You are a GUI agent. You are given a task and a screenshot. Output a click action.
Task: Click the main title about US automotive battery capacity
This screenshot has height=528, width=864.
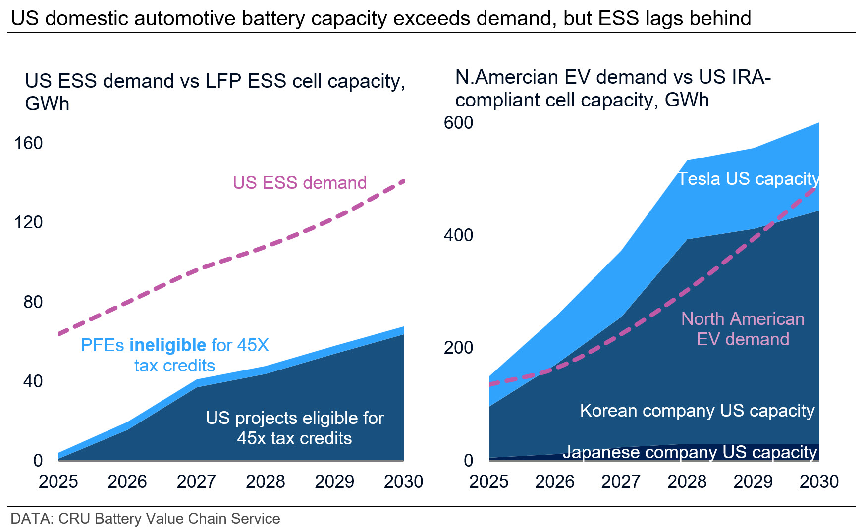click(x=381, y=18)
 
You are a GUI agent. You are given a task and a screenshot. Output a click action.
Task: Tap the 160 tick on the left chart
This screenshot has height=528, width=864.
click(x=28, y=143)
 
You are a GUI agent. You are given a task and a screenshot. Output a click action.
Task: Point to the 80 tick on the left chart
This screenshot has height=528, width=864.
click(x=33, y=302)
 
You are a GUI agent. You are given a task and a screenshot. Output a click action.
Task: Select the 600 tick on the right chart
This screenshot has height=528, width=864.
click(x=458, y=123)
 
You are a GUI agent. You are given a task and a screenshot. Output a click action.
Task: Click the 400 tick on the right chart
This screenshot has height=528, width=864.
click(x=458, y=235)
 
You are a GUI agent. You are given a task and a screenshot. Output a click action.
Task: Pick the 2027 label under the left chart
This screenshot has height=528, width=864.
click(x=196, y=481)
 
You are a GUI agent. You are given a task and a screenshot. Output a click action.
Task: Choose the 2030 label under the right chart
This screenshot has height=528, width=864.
click(x=819, y=481)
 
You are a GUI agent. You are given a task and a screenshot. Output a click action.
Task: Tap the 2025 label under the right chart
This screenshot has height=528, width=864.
click(x=488, y=481)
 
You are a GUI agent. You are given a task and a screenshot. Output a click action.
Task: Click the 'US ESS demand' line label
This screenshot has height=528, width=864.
click(x=300, y=183)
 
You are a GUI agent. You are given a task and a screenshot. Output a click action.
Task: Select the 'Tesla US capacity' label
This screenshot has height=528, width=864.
click(x=749, y=179)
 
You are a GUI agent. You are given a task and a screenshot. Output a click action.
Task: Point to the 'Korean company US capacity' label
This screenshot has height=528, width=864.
click(x=697, y=411)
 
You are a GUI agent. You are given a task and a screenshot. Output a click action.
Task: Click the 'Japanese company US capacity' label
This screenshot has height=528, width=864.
click(x=690, y=452)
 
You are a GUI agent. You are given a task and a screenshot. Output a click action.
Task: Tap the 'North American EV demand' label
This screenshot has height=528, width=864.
click(x=743, y=329)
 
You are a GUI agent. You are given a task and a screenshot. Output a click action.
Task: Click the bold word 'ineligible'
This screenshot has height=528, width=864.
click(x=167, y=345)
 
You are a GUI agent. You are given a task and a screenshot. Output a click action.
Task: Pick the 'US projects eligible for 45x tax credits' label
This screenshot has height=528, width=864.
click(x=295, y=428)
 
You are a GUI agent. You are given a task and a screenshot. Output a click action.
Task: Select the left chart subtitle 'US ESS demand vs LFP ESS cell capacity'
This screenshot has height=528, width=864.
click(x=215, y=92)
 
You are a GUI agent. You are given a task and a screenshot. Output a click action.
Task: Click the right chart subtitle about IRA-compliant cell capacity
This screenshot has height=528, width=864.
click(x=613, y=89)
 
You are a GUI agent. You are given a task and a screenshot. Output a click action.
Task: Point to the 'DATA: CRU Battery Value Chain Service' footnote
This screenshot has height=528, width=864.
click(x=145, y=519)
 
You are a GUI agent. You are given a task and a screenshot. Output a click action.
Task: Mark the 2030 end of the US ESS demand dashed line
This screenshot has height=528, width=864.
click(x=404, y=181)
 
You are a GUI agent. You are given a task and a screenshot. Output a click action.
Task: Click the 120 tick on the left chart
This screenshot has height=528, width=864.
click(x=28, y=222)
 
